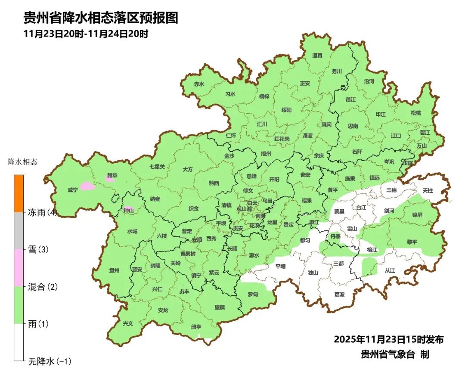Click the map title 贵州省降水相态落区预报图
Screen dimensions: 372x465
coord(100,18)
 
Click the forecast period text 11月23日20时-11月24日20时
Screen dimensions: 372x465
coord(86,34)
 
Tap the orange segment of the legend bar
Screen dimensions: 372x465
coord(19,193)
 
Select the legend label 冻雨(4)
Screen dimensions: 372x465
coord(43,212)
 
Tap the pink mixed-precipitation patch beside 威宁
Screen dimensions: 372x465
coord(87,186)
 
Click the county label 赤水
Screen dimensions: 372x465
coord(199,84)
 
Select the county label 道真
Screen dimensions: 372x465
coord(317,55)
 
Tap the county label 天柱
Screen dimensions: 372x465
coord(427,190)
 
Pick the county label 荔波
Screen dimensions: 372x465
coord(339,294)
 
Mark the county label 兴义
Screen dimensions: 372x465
coord(128,323)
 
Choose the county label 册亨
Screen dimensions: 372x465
coord(196,327)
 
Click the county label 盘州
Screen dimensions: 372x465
coord(114,270)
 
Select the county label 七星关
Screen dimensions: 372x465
coord(157,166)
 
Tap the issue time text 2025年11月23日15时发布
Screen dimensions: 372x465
coord(388,339)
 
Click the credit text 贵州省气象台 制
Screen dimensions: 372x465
coord(395,354)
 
